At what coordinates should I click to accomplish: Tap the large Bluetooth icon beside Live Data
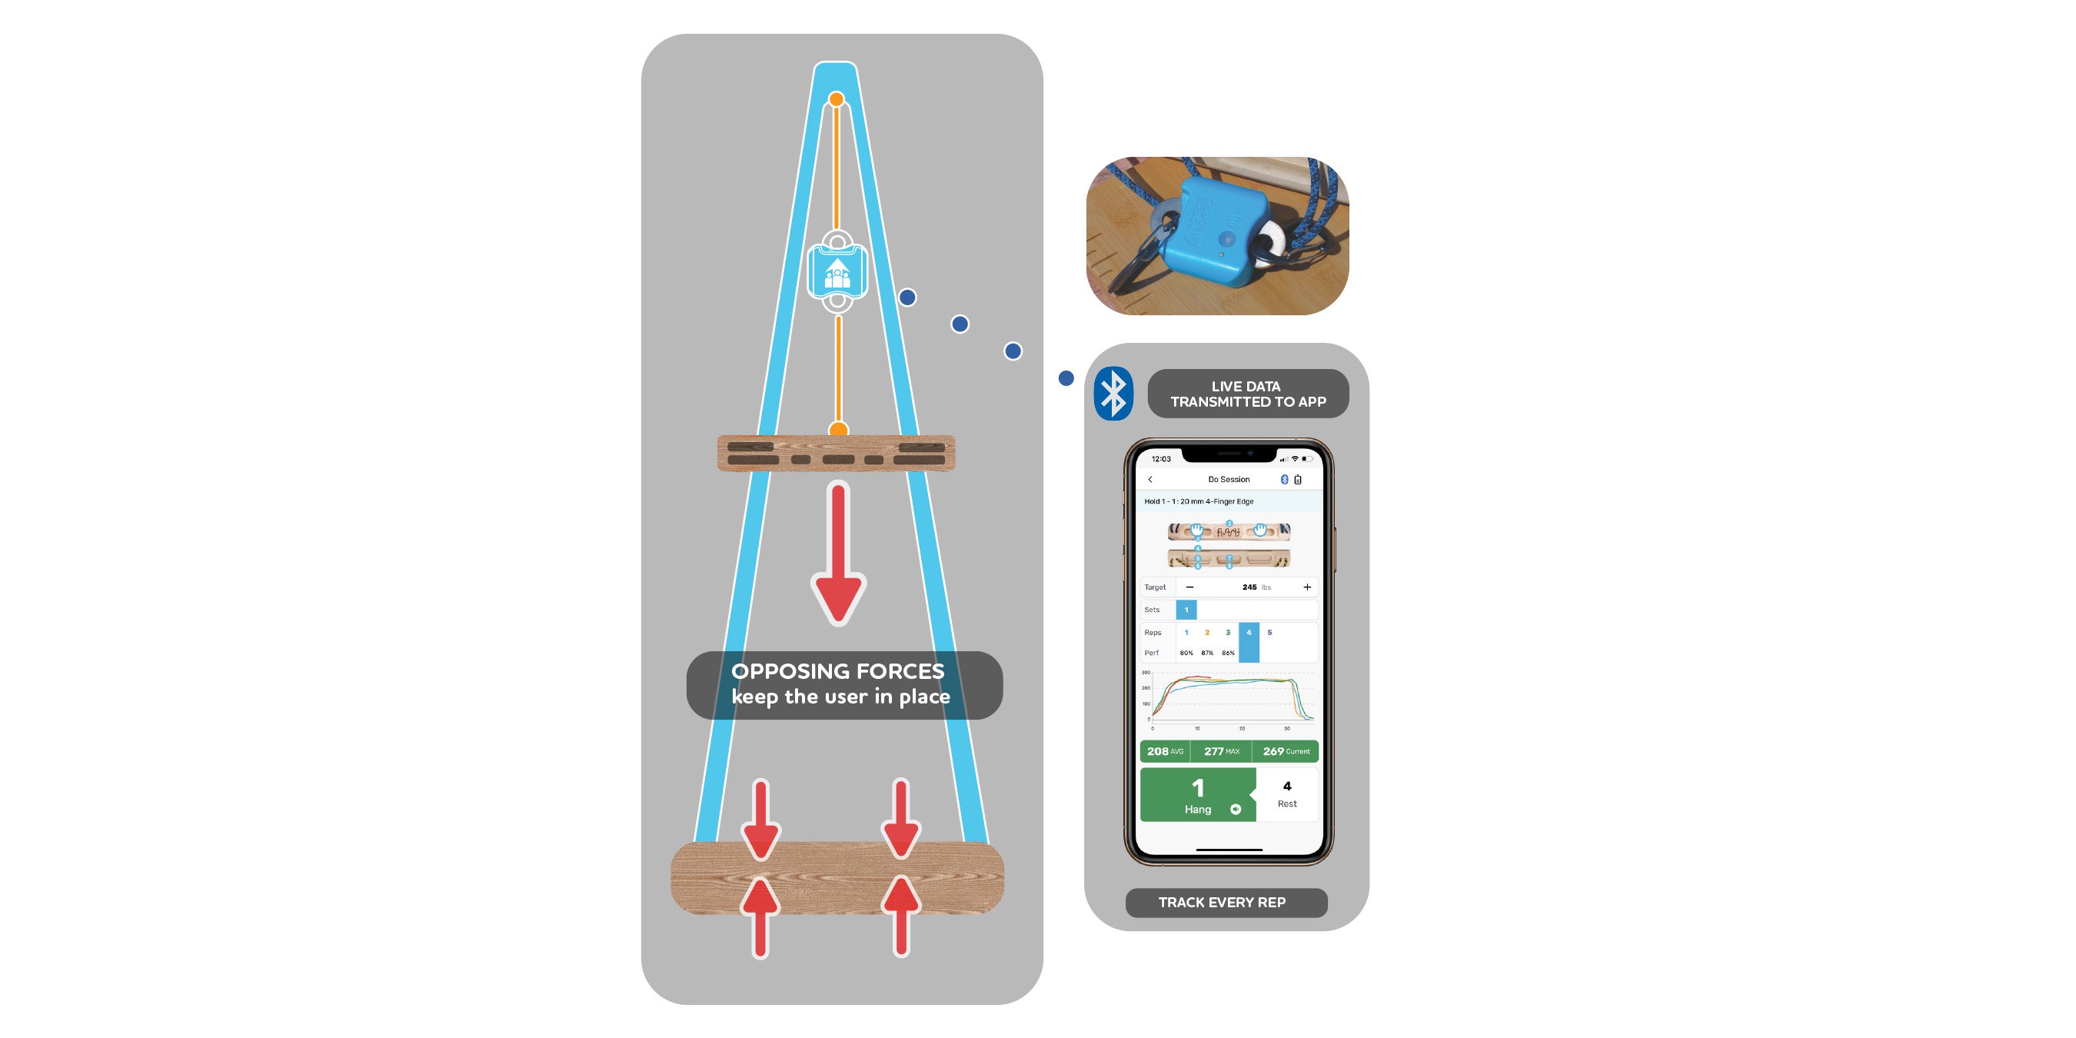pos(1114,393)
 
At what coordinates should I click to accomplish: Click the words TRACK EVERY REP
pos(1222,903)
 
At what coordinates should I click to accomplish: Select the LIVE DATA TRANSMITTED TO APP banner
pos(1248,393)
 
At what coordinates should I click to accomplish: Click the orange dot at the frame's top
pos(837,100)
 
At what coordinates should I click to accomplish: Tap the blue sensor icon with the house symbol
pos(837,272)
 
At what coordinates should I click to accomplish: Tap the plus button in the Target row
pos(1307,587)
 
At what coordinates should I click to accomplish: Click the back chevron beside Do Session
pos(1150,480)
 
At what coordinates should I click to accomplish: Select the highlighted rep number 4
pos(1249,633)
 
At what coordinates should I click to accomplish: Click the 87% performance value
pos(1206,653)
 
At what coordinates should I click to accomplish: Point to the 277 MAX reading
pos(1221,751)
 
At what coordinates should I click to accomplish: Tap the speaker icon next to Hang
pos(1236,809)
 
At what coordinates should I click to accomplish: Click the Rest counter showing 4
pos(1287,793)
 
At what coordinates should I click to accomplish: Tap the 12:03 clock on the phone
pos(1161,459)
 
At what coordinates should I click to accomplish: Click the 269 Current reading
pos(1286,751)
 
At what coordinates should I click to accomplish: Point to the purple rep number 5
pos(1269,633)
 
